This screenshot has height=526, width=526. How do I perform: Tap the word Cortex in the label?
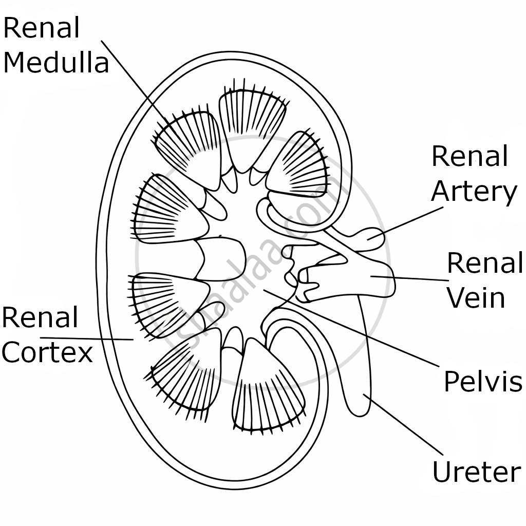click(47, 352)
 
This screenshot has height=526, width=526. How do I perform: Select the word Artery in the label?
click(474, 192)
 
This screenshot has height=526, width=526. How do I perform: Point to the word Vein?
click(476, 298)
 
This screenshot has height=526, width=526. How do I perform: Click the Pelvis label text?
click(482, 381)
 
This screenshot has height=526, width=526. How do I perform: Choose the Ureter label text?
click(476, 472)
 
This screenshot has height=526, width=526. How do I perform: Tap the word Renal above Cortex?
click(40, 317)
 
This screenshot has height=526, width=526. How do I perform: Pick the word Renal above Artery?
click(469, 156)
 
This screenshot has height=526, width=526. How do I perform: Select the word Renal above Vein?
click(485, 263)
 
